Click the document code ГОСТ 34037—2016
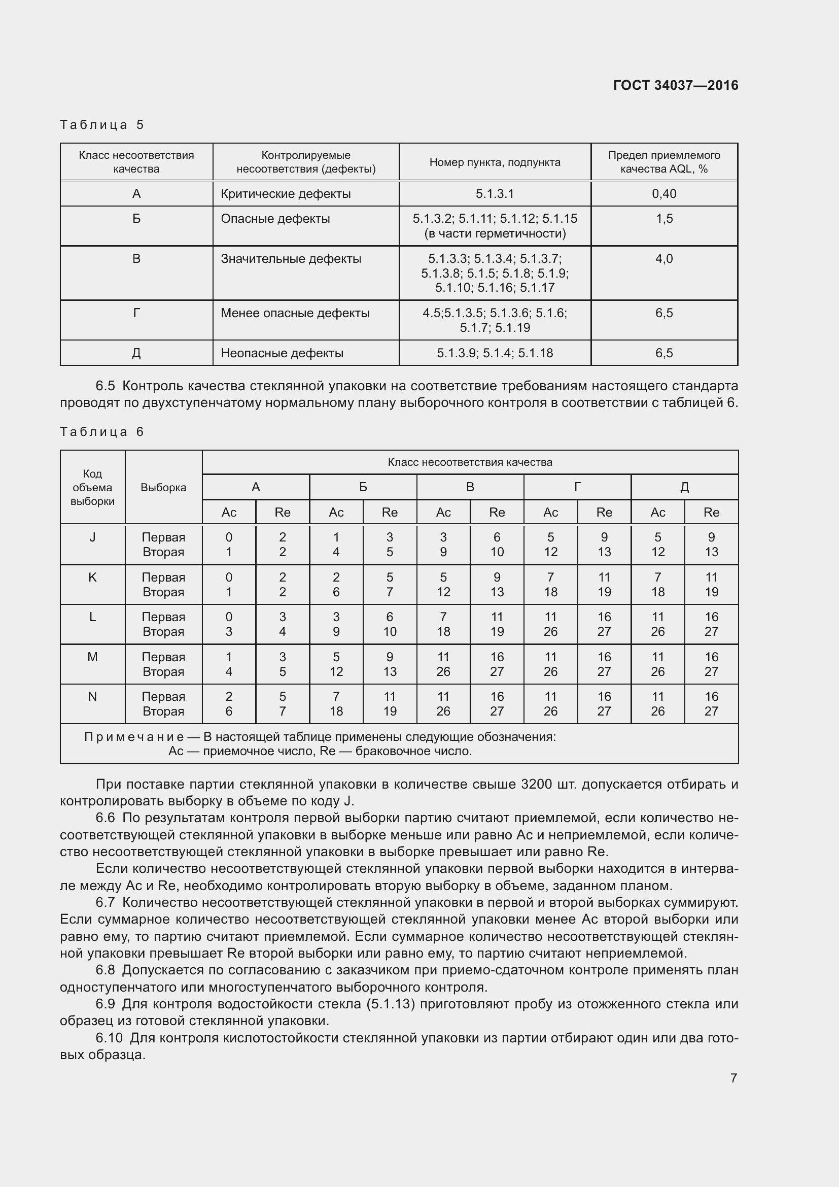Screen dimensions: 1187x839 pyautogui.click(x=675, y=85)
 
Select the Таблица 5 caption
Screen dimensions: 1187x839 pyautogui.click(x=102, y=125)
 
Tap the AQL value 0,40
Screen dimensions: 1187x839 pyautogui.click(x=664, y=194)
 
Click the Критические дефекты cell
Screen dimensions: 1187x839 pyautogui.click(x=286, y=194)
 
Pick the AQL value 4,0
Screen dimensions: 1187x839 pyautogui.click(x=664, y=258)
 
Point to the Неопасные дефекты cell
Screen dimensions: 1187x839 pyautogui.click(x=282, y=353)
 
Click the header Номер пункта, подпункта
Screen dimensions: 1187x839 pyautogui.click(x=495, y=162)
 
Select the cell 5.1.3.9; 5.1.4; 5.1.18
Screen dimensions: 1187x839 pyautogui.click(x=495, y=353)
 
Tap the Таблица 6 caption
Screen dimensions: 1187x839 pyautogui.click(x=102, y=432)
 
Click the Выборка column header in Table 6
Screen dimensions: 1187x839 pyautogui.click(x=163, y=488)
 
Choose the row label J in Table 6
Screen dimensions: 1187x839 pyautogui.click(x=92, y=537)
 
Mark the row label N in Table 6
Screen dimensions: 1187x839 pyautogui.click(x=92, y=696)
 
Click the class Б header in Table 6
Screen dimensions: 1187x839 pyautogui.click(x=363, y=487)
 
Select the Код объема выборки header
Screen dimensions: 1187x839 pyautogui.click(x=92, y=488)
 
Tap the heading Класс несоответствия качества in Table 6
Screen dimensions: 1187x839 pyautogui.click(x=470, y=462)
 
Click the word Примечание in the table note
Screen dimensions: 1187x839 pyautogui.click(x=134, y=737)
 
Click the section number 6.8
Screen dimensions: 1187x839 pyautogui.click(x=106, y=970)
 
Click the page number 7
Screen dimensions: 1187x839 pyautogui.click(x=733, y=1078)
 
